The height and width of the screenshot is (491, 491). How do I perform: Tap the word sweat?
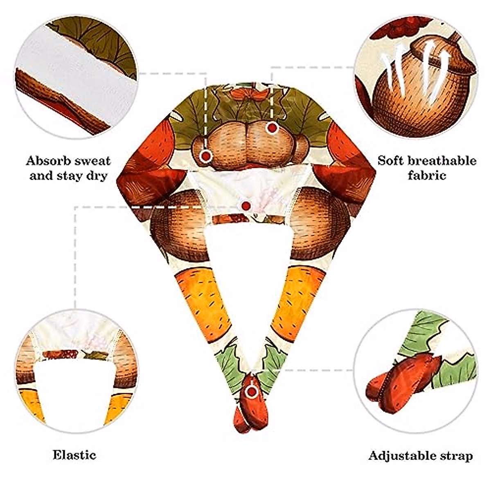[x=91, y=160]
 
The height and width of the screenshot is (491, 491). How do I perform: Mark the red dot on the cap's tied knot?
[x=252, y=392]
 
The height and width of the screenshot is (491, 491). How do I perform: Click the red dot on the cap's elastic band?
[x=246, y=206]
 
